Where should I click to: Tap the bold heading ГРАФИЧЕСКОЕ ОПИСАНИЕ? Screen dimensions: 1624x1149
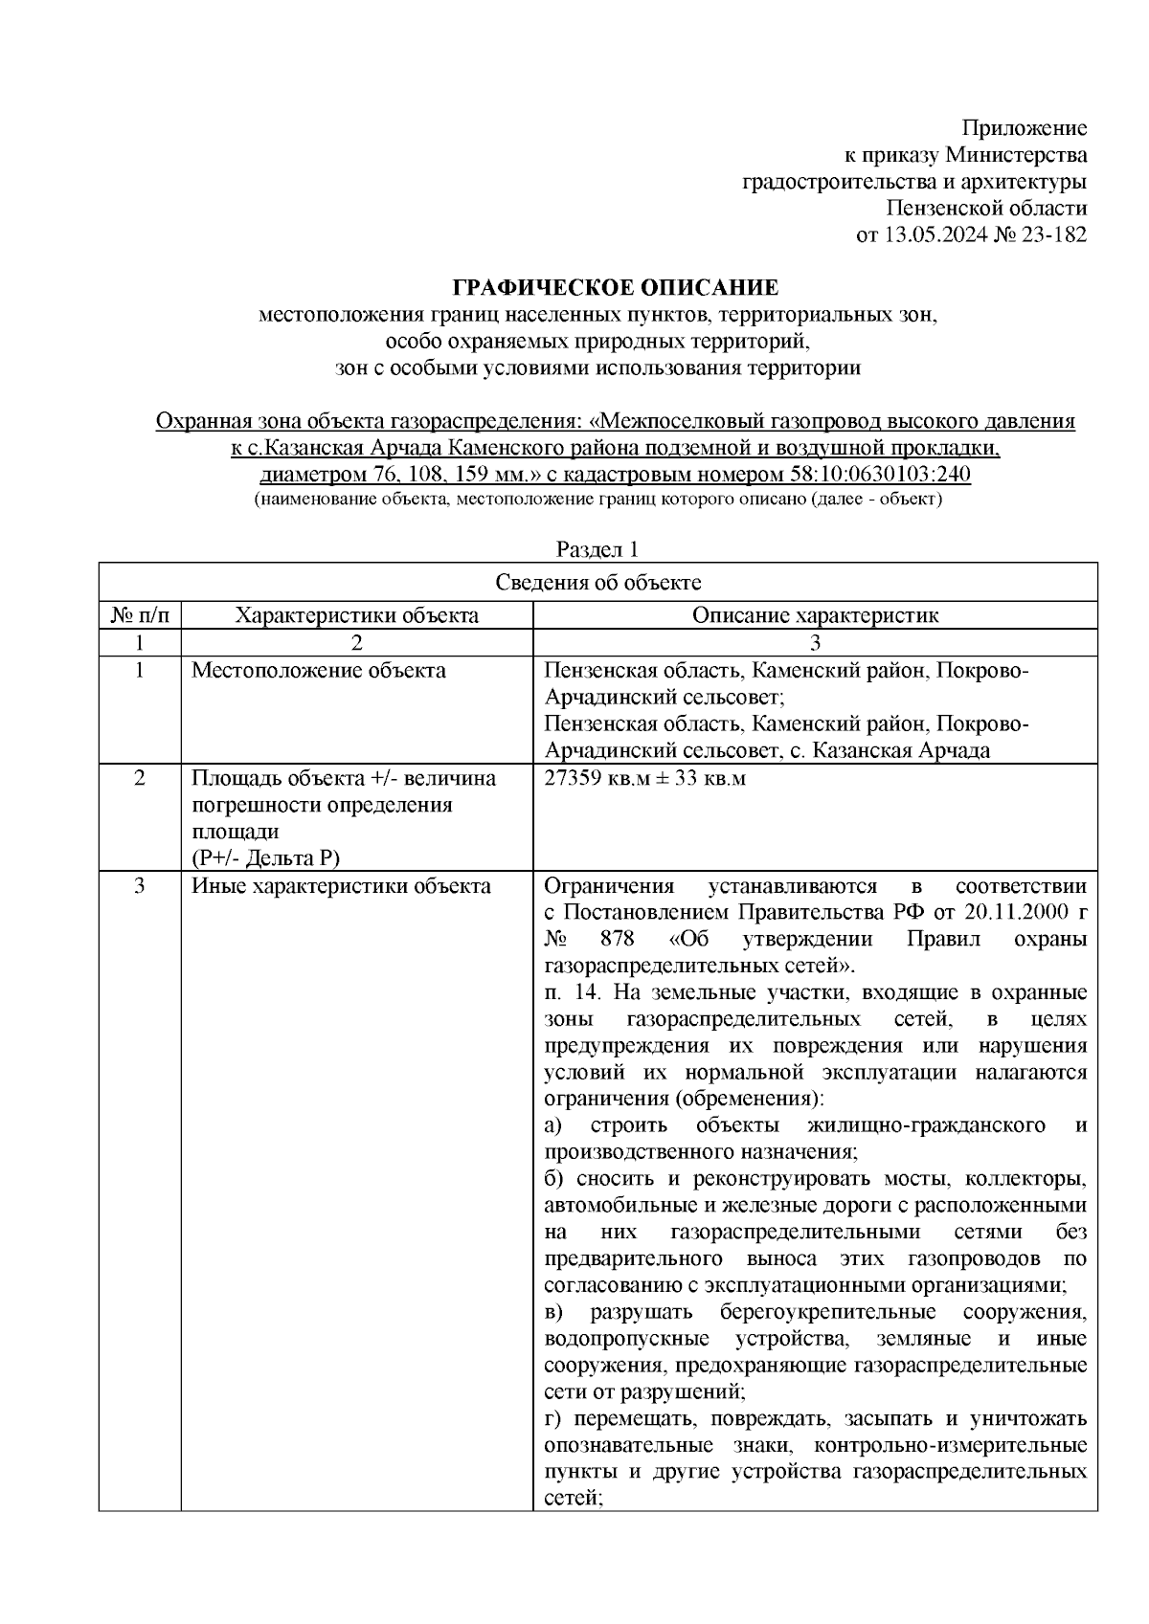(x=616, y=288)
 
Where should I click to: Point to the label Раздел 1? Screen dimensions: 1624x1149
(x=597, y=549)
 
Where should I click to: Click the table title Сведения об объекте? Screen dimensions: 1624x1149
(x=597, y=583)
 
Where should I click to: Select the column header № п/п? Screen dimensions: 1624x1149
(x=140, y=615)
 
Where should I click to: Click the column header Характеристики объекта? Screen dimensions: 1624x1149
(x=357, y=615)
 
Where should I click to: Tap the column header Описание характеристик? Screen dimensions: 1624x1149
(x=815, y=615)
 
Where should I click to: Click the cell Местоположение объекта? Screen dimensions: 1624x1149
(x=319, y=671)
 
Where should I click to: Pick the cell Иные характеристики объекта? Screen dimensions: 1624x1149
(x=341, y=886)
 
